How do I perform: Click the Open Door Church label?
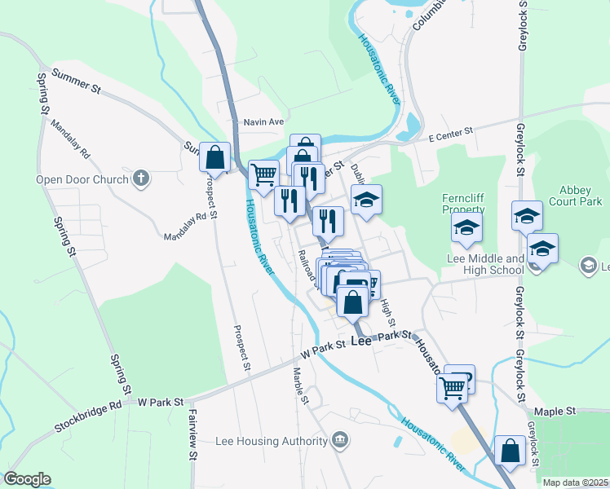tap(82, 179)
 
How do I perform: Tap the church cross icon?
tap(141, 178)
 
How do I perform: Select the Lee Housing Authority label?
tap(271, 442)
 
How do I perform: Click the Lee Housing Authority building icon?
tap(340, 442)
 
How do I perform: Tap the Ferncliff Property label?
tap(463, 203)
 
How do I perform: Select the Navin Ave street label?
tap(263, 122)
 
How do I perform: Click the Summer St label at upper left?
tap(75, 82)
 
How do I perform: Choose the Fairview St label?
tap(192, 447)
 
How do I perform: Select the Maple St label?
tap(555, 412)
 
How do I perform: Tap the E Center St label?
tap(451, 131)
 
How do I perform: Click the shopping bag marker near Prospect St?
tap(215, 156)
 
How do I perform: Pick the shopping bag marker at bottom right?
tap(510, 452)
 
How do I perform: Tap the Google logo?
tap(27, 479)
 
